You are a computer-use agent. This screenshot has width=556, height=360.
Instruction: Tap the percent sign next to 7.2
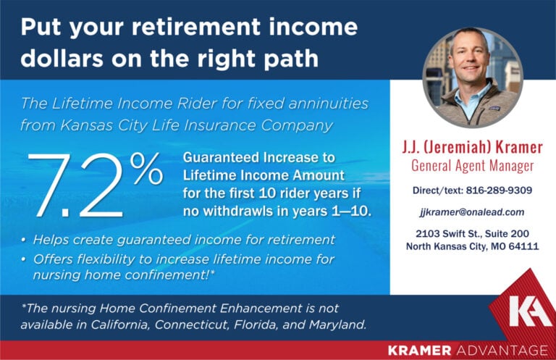147,169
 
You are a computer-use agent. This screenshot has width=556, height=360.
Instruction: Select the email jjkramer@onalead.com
471,212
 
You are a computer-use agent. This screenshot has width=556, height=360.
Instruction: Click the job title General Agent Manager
472,166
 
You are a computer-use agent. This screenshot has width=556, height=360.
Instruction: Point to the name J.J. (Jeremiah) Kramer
472,148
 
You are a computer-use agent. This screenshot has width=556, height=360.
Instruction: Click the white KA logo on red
530,311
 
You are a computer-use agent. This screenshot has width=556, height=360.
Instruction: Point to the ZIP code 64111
523,247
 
